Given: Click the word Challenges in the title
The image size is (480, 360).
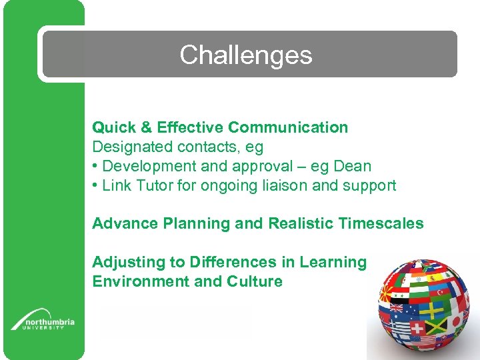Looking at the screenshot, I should click(x=245, y=55).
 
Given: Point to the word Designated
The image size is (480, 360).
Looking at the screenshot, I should click(x=130, y=147).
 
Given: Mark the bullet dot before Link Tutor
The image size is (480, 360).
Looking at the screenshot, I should click(x=96, y=185).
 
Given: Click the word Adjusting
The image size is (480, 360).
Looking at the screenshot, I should click(x=124, y=262).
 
